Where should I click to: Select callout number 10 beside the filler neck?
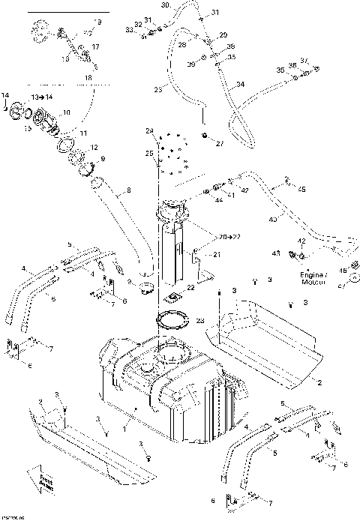[67, 112]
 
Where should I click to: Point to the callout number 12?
[94, 147]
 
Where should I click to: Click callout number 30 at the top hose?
[166, 5]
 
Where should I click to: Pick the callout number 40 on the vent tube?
[272, 220]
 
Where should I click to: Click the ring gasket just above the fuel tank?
[175, 324]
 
